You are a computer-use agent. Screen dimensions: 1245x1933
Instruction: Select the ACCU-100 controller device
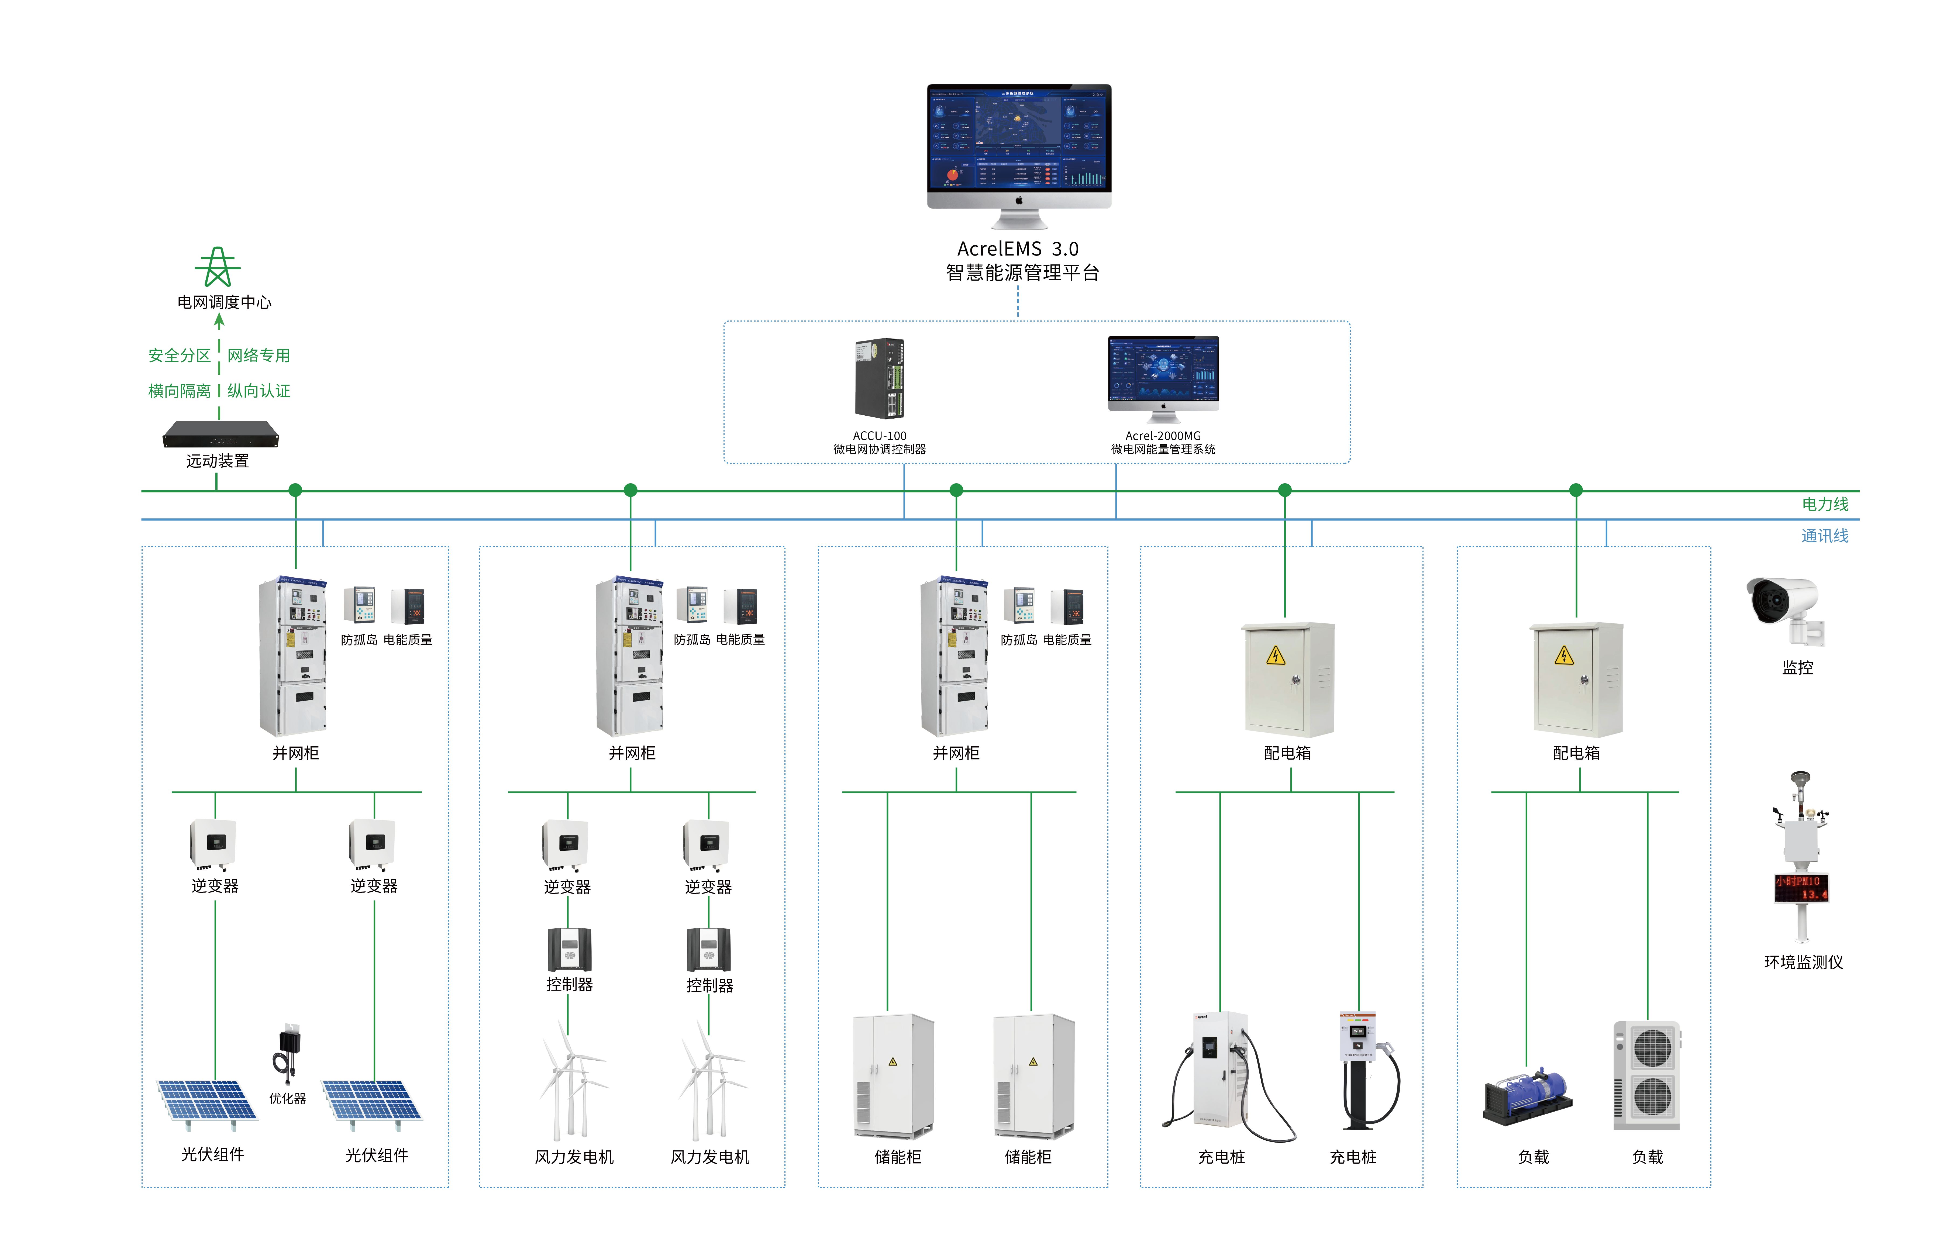tap(880, 378)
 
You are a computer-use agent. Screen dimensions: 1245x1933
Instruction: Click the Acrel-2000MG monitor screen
tap(1163, 368)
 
